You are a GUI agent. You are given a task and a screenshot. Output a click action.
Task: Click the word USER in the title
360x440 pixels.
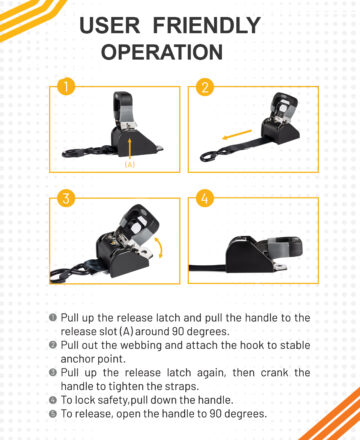tap(110, 26)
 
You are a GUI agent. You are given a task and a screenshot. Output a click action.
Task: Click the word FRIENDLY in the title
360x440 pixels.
tap(207, 26)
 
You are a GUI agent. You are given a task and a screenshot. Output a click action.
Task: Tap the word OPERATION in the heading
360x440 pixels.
tap(162, 52)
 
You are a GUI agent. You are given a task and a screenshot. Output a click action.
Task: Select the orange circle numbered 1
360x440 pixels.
tap(66, 86)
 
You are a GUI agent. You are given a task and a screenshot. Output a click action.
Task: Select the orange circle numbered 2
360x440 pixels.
tap(205, 87)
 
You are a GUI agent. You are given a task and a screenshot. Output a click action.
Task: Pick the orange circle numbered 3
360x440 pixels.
tap(66, 198)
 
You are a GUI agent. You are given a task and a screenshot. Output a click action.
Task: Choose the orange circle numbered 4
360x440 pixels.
tap(205, 198)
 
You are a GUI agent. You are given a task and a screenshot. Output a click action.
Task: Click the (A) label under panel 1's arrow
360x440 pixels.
tap(130, 164)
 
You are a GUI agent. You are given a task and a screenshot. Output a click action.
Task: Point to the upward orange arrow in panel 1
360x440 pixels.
tap(130, 148)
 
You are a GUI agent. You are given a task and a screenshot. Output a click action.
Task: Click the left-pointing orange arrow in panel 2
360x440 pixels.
tap(237, 135)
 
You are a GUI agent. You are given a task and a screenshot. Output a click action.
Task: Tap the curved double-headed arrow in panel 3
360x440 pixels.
tap(159, 248)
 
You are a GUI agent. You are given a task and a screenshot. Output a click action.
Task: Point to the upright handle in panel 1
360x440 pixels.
tap(124, 110)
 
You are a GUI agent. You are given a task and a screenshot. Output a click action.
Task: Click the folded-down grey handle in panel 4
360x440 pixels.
tap(284, 248)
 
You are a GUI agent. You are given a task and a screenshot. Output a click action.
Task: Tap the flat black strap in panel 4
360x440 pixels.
tap(208, 267)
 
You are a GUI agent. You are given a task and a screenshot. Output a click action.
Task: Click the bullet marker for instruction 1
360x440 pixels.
tap(53, 317)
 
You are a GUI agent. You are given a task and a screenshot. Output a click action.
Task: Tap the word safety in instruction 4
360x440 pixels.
tap(109, 400)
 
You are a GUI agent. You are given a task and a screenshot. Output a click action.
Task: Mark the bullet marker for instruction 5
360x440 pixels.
tap(53, 414)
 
